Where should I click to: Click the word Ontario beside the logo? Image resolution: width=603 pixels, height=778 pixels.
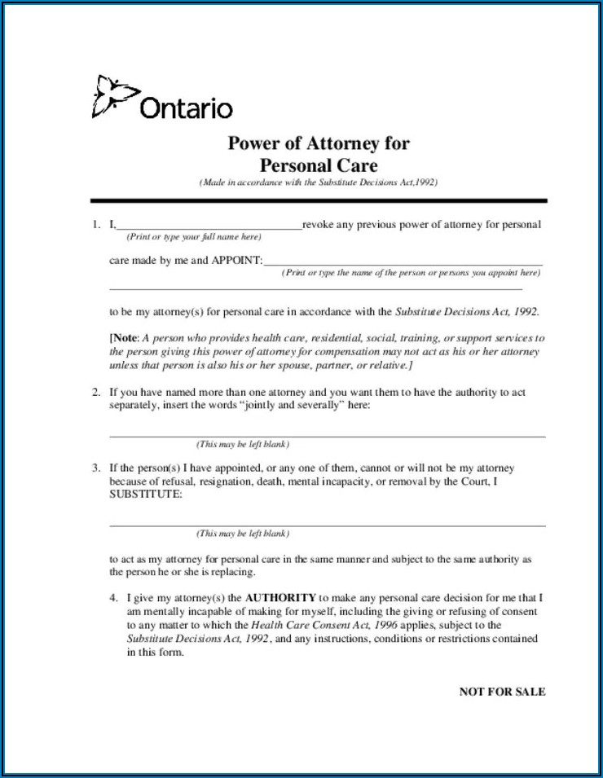[187, 108]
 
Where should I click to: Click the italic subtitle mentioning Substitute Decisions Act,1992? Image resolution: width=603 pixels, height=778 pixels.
[319, 183]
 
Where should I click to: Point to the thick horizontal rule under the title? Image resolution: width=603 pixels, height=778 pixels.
[319, 200]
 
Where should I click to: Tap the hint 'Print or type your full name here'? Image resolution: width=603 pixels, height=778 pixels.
[193, 237]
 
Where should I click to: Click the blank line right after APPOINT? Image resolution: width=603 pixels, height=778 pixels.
[403, 262]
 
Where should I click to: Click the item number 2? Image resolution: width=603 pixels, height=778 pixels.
[96, 393]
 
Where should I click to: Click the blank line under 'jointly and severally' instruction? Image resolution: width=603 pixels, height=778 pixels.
[327, 436]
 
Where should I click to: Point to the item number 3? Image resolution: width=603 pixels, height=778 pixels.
[96, 468]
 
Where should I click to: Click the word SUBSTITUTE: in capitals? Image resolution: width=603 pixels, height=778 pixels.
[146, 494]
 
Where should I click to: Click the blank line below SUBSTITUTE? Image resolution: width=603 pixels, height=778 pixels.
[327, 525]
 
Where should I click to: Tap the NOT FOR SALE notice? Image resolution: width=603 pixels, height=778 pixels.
[502, 692]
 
